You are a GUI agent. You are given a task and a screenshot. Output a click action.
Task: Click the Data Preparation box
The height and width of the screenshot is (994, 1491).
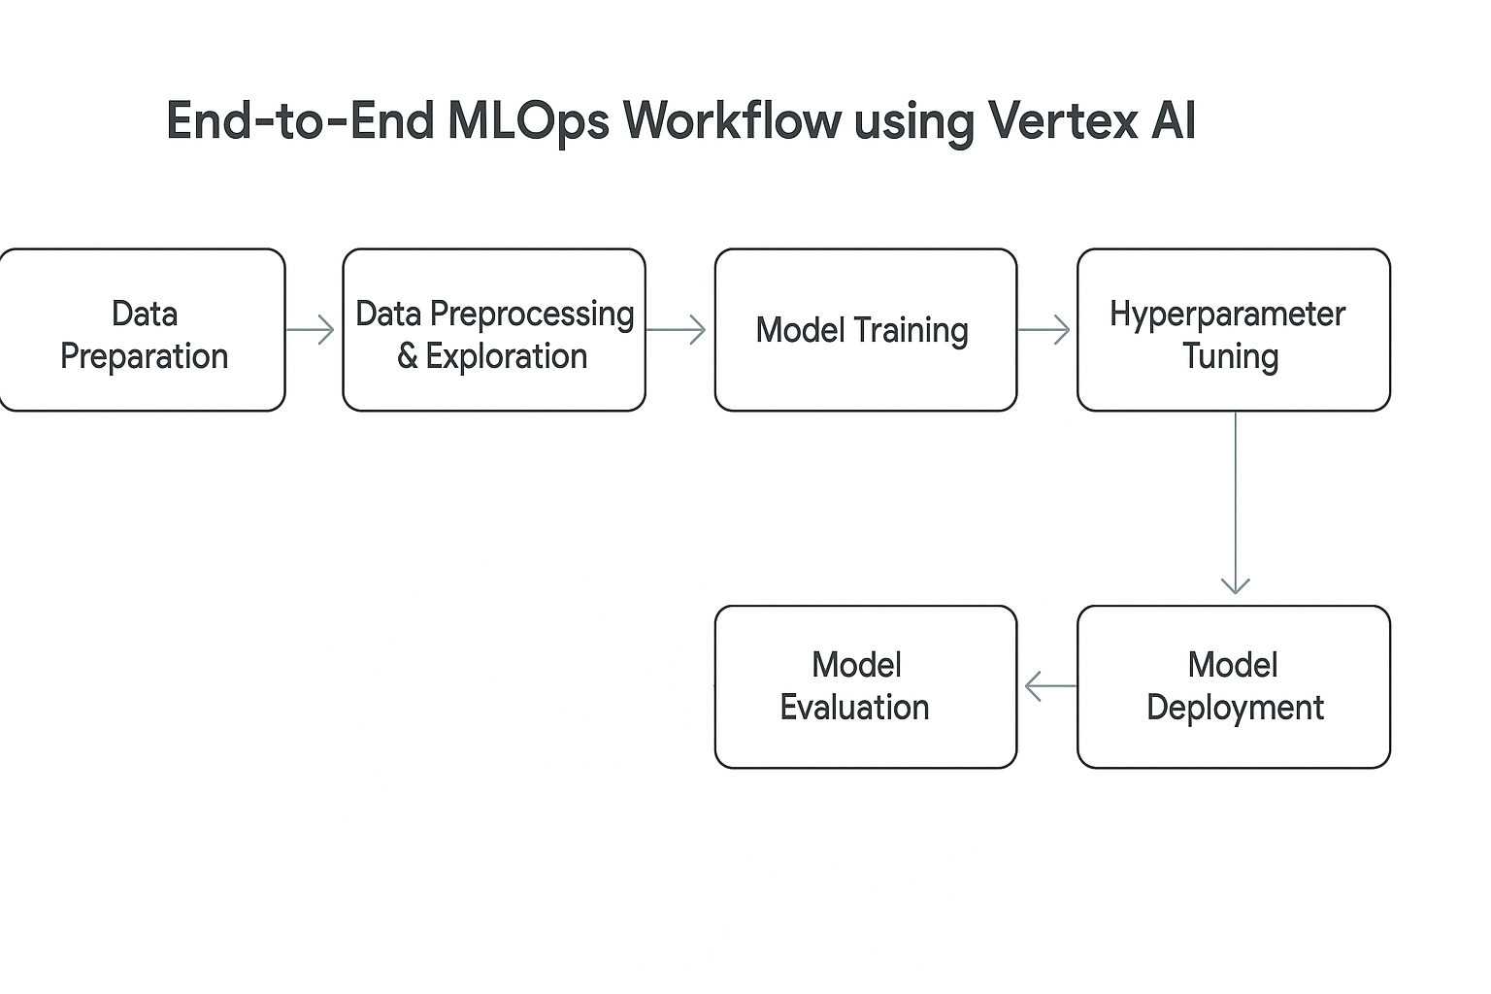click(x=142, y=330)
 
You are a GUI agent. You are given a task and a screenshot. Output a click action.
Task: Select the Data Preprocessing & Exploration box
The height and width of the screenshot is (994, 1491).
click(x=494, y=330)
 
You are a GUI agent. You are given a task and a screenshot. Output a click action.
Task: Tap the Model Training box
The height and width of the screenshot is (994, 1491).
click(x=865, y=330)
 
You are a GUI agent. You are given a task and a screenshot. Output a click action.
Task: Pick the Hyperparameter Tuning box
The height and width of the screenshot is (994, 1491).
click(x=1234, y=330)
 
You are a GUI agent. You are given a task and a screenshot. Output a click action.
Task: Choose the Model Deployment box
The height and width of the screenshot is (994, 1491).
click(x=1234, y=686)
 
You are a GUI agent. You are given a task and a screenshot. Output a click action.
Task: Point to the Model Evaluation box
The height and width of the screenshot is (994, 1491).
click(x=865, y=686)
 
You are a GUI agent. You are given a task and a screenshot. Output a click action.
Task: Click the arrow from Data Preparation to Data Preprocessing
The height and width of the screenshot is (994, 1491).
click(x=311, y=330)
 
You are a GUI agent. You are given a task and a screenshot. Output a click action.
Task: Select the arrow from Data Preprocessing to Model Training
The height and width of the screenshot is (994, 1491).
click(x=676, y=330)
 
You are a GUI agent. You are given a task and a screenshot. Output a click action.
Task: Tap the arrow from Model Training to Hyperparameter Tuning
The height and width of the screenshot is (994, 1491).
click(x=1044, y=330)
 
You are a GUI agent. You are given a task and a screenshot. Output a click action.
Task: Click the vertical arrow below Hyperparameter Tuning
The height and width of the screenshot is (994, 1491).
click(x=1236, y=503)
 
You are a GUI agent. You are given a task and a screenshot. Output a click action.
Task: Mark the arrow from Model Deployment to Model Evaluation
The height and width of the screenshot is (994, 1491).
click(x=1050, y=686)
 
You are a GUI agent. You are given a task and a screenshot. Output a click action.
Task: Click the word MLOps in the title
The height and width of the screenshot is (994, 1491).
click(x=528, y=122)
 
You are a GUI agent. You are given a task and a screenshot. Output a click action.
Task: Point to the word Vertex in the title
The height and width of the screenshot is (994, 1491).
click(x=1062, y=120)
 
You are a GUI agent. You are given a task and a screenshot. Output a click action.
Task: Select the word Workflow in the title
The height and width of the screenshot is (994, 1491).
click(x=732, y=120)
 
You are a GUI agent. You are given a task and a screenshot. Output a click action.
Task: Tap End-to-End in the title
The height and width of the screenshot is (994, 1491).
click(x=300, y=120)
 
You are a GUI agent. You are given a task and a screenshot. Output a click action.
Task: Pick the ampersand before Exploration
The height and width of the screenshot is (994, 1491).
click(x=408, y=356)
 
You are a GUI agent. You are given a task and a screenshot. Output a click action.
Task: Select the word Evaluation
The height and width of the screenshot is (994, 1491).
click(x=854, y=707)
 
